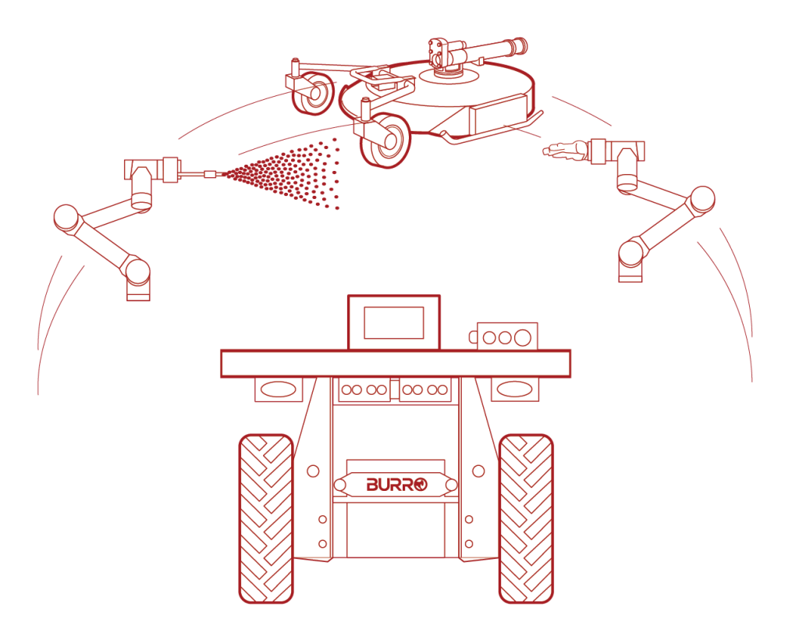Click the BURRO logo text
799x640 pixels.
[x=396, y=484]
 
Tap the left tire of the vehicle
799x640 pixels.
[x=266, y=519]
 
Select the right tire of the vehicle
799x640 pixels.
[x=526, y=519]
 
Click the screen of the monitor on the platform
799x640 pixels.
[x=393, y=322]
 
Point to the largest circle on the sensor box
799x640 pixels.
[x=522, y=337]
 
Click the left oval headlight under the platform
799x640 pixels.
[x=279, y=389]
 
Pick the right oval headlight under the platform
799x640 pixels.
[x=515, y=389]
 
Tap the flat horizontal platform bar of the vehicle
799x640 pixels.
[x=396, y=363]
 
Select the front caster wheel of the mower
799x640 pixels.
[x=385, y=141]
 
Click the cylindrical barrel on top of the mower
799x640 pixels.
[x=492, y=49]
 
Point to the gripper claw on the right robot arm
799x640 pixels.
[x=565, y=150]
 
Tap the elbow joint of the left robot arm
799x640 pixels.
[x=66, y=218]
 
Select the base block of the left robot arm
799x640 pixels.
[x=138, y=291]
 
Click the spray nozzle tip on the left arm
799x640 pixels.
[x=214, y=174]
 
